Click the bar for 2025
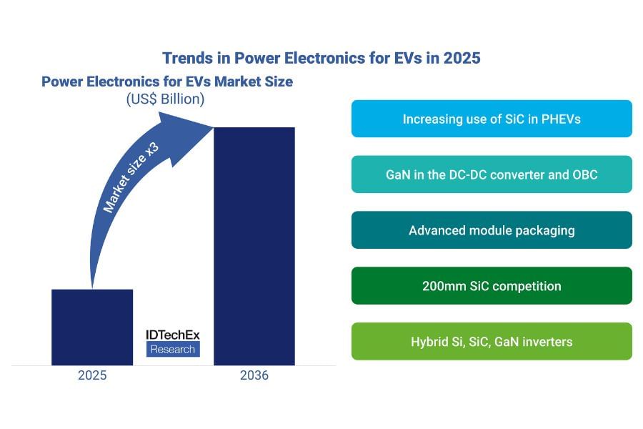click(x=92, y=327)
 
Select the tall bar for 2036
click(x=254, y=246)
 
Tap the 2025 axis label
click(x=92, y=375)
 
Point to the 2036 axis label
click(x=254, y=375)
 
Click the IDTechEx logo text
click(x=172, y=334)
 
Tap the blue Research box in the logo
click(x=172, y=349)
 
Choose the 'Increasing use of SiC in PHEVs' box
click(x=492, y=119)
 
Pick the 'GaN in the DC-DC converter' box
click(x=492, y=174)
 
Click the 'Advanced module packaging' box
click(x=492, y=230)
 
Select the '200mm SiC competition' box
click(x=492, y=286)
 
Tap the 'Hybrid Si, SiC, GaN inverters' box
click(x=492, y=342)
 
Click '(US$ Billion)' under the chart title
click(x=165, y=99)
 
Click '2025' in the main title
click(x=462, y=58)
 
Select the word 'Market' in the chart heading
click(x=211, y=82)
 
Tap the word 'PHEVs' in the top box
click(x=562, y=119)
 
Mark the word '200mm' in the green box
click(x=443, y=286)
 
